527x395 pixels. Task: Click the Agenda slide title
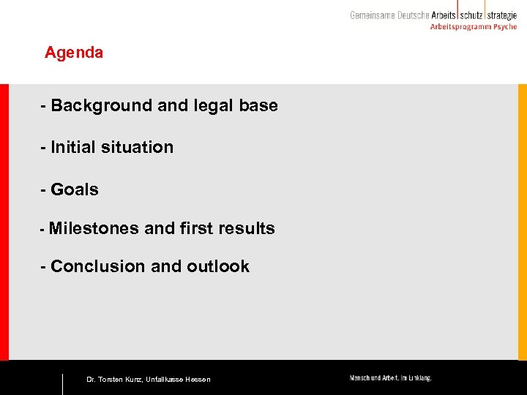74,53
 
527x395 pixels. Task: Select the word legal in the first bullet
214,105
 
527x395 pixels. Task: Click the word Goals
75,189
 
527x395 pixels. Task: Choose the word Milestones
94,228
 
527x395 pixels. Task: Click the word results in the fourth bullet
250,228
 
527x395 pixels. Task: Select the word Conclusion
98,266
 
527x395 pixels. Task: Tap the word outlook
218,266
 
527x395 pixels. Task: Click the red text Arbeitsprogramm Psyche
473,27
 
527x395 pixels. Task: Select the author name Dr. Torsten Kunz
113,380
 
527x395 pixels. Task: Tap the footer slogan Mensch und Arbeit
390,378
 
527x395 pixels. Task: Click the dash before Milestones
42,229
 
